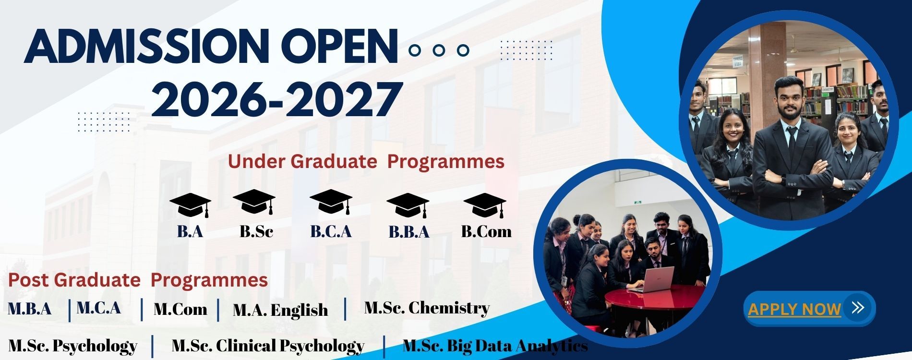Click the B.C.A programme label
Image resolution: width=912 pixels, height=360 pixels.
pos(331,232)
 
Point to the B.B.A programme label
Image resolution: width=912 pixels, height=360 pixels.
pos(409,232)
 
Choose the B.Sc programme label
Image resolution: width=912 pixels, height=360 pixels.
pos(256,232)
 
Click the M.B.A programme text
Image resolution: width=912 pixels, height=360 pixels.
pos(30,309)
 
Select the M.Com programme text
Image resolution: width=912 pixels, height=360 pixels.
pos(180,309)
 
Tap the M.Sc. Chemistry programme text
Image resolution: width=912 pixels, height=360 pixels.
pos(427,308)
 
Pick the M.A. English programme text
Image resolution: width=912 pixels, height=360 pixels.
pos(280,310)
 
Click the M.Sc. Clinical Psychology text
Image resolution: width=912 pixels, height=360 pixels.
pos(268,346)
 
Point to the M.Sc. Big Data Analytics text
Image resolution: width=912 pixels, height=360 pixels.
pos(495,346)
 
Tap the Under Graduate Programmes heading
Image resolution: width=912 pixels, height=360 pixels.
pos(366,161)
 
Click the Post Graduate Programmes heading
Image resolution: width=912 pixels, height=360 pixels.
pos(138,280)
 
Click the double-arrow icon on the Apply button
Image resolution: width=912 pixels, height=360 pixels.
pos(858,307)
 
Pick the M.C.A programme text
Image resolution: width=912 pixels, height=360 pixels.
pos(98,308)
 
